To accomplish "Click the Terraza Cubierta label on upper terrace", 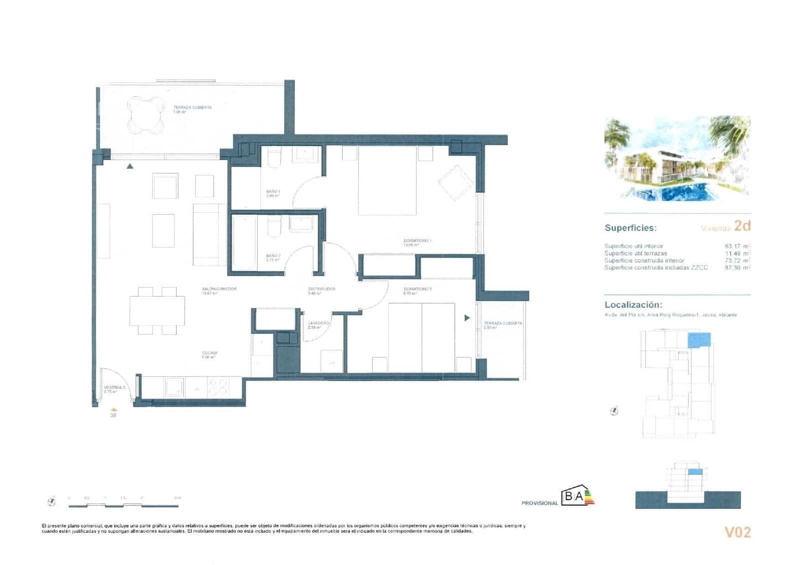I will point(192,107).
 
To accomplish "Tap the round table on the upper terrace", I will point(146,115).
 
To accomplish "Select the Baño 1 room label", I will point(273,192).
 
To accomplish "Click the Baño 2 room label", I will point(273,256).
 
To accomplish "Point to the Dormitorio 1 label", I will point(417,241).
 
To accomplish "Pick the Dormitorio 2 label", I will point(417,289).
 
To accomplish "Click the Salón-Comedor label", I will point(219,289).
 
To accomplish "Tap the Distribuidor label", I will point(321,289).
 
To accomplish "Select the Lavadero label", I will point(318,324).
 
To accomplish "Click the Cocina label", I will point(209,353).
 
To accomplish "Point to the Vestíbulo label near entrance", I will point(114,388).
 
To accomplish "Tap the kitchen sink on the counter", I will point(175,387).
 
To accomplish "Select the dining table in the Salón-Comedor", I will point(157,311).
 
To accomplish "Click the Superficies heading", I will point(630,228).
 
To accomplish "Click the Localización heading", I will point(633,305).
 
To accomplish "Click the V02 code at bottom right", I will point(737,533).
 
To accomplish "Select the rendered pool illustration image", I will point(677,159).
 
